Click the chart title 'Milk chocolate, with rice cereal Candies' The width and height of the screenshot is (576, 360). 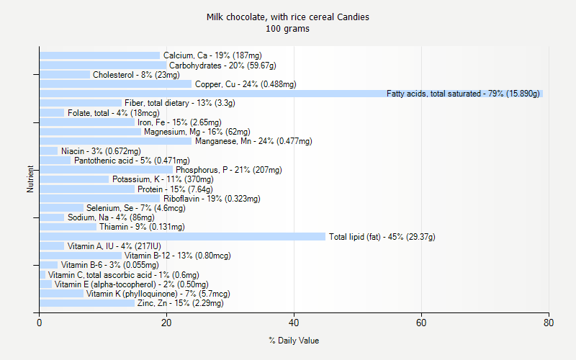[x=288, y=17]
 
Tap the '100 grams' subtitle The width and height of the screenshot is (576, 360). [x=288, y=29]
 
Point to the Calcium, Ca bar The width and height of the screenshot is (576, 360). [x=99, y=55]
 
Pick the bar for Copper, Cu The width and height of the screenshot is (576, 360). [x=115, y=84]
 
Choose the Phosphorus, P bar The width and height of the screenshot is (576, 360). [x=106, y=170]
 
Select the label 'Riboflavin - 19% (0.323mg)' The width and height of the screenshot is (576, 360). [x=212, y=198]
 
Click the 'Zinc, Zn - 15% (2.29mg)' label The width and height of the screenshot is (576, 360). [x=180, y=303]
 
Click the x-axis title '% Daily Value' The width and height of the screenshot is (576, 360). [x=294, y=341]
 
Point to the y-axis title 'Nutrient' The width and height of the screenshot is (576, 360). [x=30, y=179]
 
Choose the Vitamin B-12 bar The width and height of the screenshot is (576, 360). [x=80, y=256]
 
